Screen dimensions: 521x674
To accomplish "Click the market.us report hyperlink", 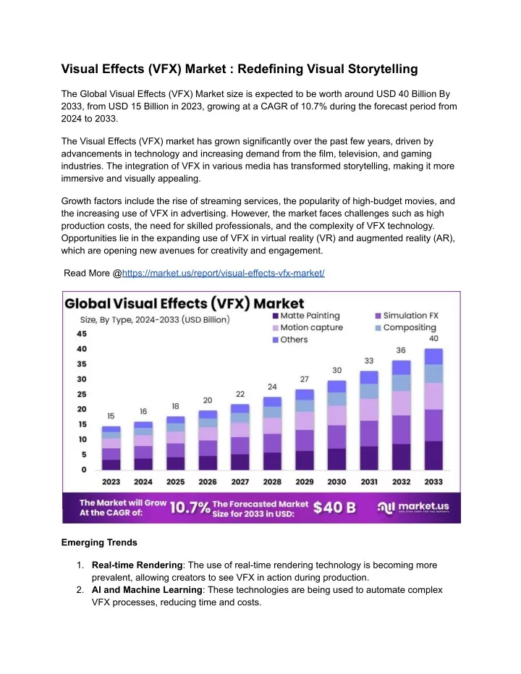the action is (x=224, y=274).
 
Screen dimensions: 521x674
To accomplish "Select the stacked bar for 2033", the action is (x=433, y=409).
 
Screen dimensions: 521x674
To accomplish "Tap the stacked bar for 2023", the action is (x=111, y=448).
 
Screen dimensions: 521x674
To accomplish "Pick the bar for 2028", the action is (x=272, y=433).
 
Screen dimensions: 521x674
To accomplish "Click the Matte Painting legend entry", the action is (x=306, y=316).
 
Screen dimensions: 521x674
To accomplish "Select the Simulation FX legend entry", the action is (x=407, y=316).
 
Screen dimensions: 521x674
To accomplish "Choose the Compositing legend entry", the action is (x=406, y=327).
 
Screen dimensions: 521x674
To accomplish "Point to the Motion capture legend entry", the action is (x=308, y=327).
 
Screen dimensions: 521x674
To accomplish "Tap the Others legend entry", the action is (x=290, y=340).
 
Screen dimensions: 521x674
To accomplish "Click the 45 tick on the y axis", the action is (x=82, y=334).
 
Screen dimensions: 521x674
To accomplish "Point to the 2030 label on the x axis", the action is (x=336, y=482).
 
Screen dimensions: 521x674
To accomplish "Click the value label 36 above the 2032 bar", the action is (x=401, y=350).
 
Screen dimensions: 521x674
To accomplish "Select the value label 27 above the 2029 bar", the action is (x=305, y=379).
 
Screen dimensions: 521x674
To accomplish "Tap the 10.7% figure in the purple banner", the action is (x=190, y=507).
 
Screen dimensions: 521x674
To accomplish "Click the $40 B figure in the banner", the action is (x=334, y=507).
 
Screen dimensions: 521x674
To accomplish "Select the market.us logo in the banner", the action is (x=413, y=507).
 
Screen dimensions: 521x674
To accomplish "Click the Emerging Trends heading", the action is (x=99, y=542).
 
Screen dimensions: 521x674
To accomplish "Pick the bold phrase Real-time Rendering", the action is (x=137, y=565).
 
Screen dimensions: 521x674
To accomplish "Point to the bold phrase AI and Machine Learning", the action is (x=147, y=590).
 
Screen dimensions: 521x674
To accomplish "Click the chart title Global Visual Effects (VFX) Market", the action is (x=185, y=303).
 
